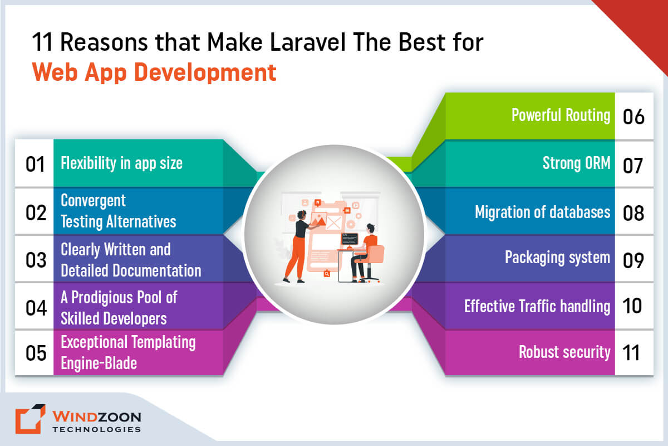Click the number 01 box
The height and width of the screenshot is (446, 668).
(35, 163)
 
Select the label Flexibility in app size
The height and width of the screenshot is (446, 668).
(121, 163)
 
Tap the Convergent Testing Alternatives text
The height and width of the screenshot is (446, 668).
(118, 211)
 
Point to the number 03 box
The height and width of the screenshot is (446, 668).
(35, 260)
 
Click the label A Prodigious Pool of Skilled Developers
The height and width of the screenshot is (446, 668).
(119, 307)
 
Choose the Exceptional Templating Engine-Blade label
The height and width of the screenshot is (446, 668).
(128, 352)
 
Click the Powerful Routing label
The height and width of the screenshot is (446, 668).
(561, 115)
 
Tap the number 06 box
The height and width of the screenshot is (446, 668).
(633, 117)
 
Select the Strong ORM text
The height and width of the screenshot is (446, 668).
(577, 163)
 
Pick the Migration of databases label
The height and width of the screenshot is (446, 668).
(542, 212)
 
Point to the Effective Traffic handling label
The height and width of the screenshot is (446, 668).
(537, 306)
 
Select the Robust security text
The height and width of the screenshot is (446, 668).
(564, 352)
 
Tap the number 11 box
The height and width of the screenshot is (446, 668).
(633, 353)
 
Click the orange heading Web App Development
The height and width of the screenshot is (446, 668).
(154, 73)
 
